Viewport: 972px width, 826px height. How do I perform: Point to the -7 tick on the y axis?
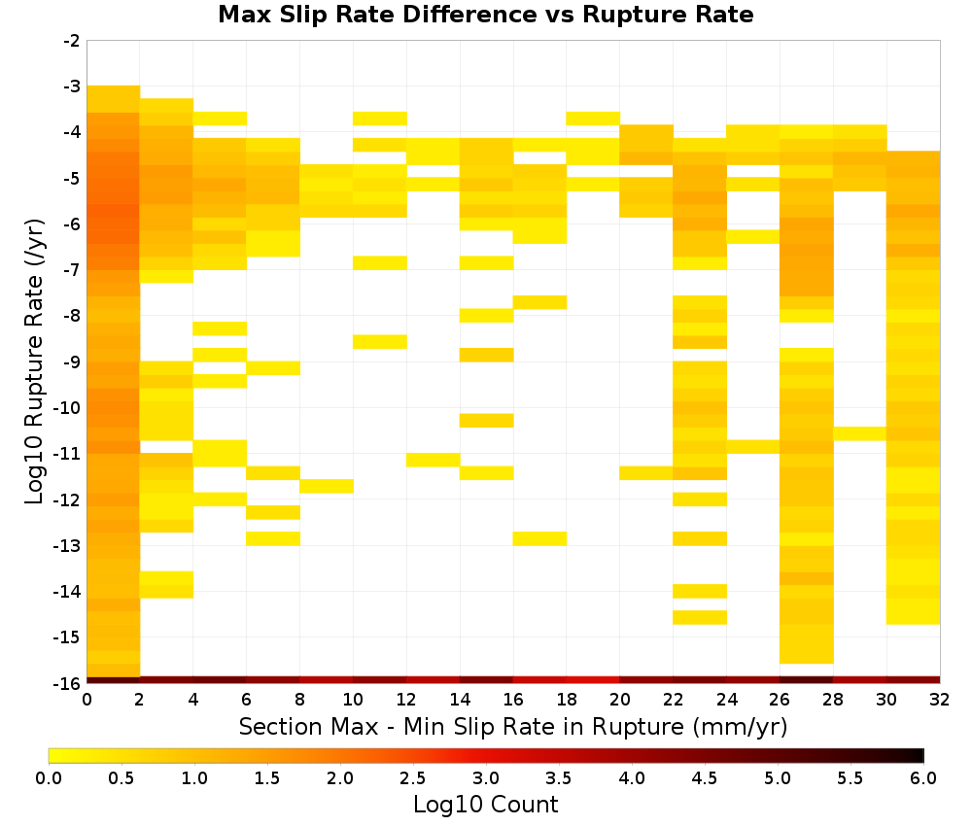point(72,270)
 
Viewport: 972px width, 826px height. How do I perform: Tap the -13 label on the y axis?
point(68,546)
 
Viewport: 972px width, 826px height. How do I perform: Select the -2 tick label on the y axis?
point(72,41)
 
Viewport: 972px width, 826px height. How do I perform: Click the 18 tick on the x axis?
point(567,700)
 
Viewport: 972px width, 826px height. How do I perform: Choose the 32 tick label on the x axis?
point(940,700)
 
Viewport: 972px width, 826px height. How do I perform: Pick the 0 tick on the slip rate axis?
point(87,700)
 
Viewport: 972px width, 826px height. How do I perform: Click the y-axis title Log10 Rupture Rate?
point(35,361)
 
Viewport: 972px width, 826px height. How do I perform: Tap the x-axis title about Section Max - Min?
point(513,727)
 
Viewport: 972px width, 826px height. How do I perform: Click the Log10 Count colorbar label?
point(486,805)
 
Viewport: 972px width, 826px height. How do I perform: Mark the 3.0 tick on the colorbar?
point(486,777)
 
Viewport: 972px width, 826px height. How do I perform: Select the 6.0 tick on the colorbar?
point(923,777)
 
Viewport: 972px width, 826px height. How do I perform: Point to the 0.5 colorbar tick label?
point(121,777)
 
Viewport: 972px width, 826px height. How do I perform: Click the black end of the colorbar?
point(919,755)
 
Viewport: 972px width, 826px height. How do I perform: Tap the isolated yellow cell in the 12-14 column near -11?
point(434,460)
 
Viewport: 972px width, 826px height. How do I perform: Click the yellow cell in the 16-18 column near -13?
point(539,538)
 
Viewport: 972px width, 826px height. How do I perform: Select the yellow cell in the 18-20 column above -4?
point(593,119)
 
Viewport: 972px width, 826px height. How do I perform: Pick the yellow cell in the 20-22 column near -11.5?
point(646,473)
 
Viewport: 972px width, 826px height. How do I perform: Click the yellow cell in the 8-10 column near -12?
point(327,486)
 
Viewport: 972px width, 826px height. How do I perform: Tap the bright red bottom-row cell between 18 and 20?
point(593,680)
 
